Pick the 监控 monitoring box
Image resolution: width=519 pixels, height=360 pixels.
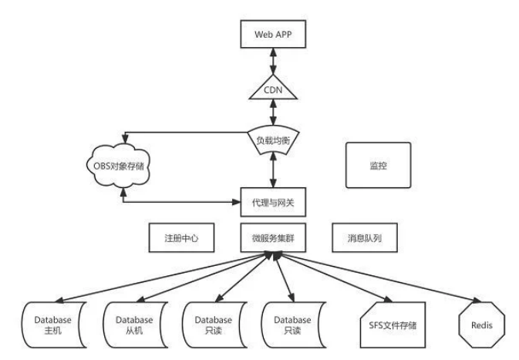(x=378, y=165)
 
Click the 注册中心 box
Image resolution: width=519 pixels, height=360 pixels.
(x=182, y=239)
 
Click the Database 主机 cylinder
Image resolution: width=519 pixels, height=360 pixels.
(x=52, y=325)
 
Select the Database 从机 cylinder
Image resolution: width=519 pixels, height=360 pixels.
(x=133, y=325)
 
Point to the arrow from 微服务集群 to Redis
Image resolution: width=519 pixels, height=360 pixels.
(x=378, y=281)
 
